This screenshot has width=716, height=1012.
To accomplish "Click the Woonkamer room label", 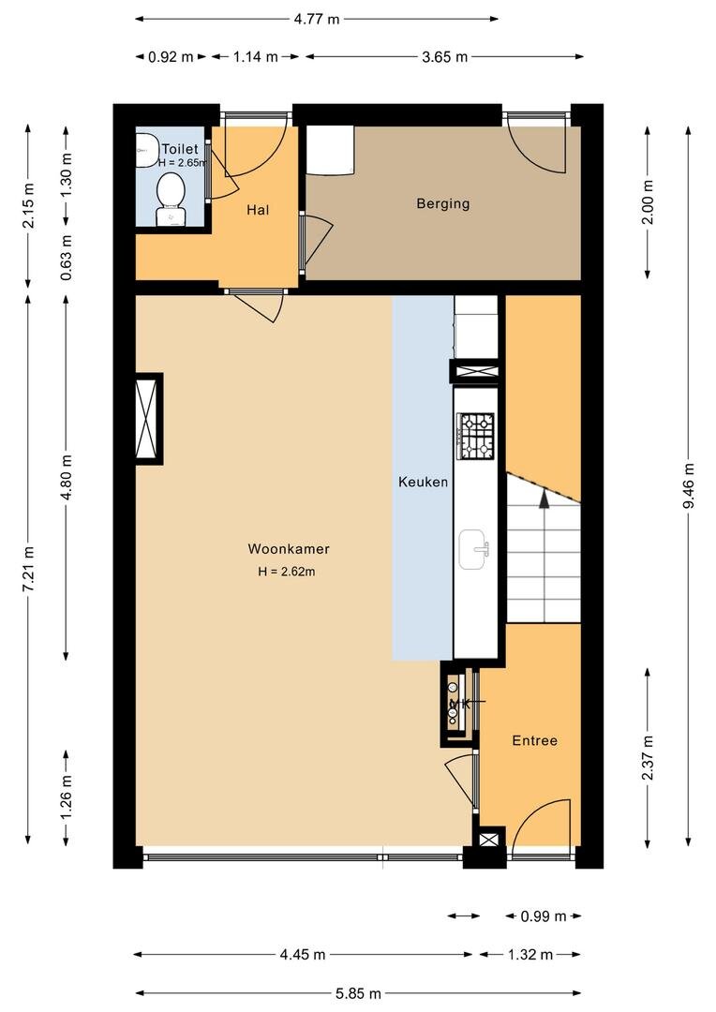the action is [x=289, y=549].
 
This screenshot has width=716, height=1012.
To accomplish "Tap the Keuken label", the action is [x=423, y=483].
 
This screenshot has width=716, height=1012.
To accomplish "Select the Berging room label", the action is [x=443, y=204].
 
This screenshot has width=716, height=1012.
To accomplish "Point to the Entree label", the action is [x=534, y=741].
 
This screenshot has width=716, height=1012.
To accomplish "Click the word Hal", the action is [x=258, y=210].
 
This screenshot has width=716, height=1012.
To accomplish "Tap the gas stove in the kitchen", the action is [x=476, y=437].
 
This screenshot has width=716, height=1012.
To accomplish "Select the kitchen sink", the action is [x=474, y=549].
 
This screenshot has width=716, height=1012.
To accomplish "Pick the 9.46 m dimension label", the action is [x=689, y=485].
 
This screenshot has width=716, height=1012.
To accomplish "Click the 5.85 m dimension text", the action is [x=358, y=993].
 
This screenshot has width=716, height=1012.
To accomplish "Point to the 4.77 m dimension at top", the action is [x=317, y=19].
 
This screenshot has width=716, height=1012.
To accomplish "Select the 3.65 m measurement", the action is [x=445, y=57].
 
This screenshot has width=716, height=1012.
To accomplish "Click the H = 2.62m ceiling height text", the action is [x=287, y=572].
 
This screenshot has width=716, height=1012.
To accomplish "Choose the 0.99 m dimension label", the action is [x=544, y=916].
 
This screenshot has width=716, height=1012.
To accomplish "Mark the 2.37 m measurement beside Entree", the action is [x=648, y=758].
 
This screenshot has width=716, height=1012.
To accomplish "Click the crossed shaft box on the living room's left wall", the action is [x=147, y=418].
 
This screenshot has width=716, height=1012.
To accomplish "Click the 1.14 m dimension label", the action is [x=256, y=57].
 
